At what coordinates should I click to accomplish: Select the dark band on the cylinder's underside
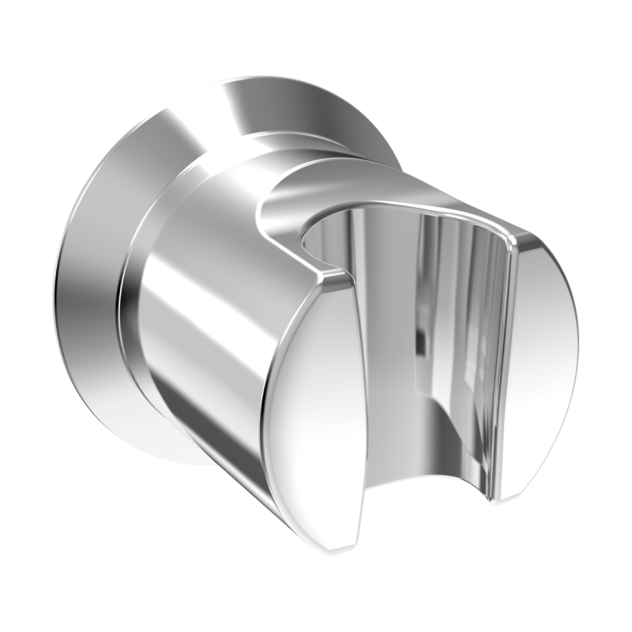tap(237, 474)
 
